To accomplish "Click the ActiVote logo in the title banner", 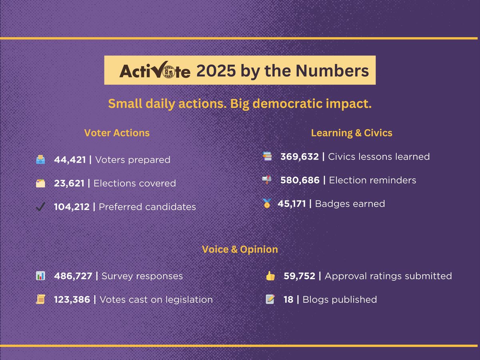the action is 155,70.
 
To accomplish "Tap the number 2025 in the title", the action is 216,71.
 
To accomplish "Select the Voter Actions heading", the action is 117,133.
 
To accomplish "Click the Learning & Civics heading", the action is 352,133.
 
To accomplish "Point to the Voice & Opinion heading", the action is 240,249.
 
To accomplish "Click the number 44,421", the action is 70,160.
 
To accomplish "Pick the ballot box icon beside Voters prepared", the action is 40,160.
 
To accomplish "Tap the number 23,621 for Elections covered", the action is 69,183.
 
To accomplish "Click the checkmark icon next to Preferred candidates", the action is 40,206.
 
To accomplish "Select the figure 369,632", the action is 300,157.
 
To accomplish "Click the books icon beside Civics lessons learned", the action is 267,156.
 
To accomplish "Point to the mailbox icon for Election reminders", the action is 267,180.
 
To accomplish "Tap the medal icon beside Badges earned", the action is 267,203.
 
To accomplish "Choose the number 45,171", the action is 292,204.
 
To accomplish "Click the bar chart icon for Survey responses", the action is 40,276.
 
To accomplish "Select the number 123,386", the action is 72,300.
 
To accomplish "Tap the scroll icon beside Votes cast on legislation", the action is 40,299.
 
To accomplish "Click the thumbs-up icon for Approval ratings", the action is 270,276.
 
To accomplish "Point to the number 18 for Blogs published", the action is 288,300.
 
